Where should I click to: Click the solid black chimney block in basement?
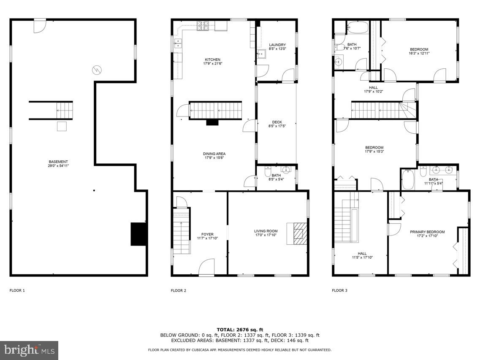pyautogui.click(x=138, y=234)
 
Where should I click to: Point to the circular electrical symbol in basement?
pyautogui.click(x=97, y=70)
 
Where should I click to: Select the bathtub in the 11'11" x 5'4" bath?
pyautogui.click(x=407, y=179)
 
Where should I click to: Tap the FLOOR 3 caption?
pyautogui.click(x=340, y=290)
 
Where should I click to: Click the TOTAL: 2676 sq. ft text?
pyautogui.click(x=240, y=330)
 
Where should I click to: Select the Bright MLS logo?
pyautogui.click(x=29, y=350)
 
